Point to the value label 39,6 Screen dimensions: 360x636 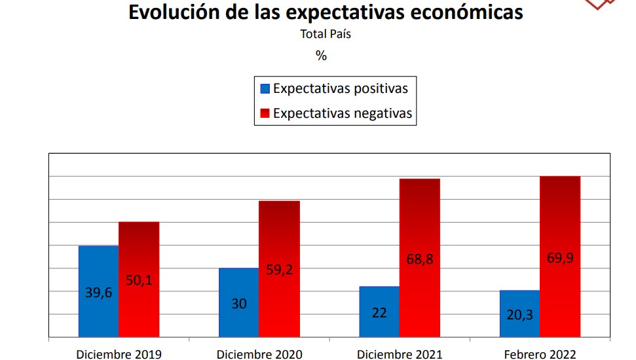coord(99,293)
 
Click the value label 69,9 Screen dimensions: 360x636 coord(560,258)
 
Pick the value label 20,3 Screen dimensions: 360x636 coord(519,315)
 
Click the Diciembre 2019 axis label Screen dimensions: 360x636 coord(119,354)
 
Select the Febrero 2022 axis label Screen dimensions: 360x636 coord(540,354)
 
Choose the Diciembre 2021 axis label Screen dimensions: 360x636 coord(400,354)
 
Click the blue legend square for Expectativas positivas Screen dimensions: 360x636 coord(265,89)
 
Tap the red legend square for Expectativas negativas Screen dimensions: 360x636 coord(265,114)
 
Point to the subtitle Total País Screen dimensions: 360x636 coord(326,34)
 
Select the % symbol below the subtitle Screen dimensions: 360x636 coord(321,56)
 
